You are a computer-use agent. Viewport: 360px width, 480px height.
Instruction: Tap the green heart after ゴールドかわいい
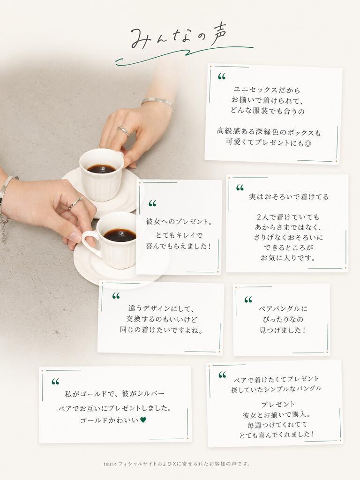point(143,420)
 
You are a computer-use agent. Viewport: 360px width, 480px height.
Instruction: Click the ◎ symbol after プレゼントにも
point(307,143)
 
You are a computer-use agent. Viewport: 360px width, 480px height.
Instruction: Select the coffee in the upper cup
point(101,168)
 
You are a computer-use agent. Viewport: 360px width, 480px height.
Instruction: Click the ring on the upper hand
point(124,131)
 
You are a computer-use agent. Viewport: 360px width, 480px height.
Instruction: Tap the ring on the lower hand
point(75,202)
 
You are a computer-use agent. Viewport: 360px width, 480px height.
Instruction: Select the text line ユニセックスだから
point(267,90)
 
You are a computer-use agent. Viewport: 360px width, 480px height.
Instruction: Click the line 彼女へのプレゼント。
point(180,221)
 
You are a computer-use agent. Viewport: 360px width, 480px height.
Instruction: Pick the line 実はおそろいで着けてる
point(289,197)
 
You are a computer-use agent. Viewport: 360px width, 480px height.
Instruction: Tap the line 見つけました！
point(283,330)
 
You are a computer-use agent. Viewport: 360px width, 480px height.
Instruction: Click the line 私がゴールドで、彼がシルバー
point(115,394)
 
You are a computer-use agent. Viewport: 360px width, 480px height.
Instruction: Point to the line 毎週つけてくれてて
point(277,425)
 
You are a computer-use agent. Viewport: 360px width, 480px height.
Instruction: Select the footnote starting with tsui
point(177,464)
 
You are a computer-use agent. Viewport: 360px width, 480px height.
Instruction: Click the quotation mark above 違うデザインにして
point(116,296)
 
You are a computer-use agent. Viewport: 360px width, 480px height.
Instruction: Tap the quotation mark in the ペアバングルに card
point(248,300)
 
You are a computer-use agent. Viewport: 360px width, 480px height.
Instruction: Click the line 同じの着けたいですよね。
point(161,330)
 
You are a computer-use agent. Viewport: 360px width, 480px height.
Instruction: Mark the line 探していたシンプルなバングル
point(277,389)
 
